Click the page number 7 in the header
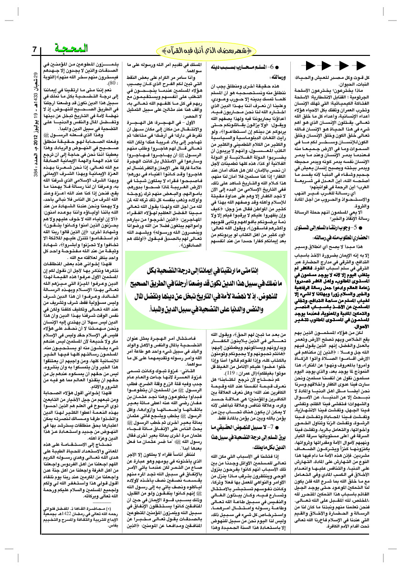(34, 50)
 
